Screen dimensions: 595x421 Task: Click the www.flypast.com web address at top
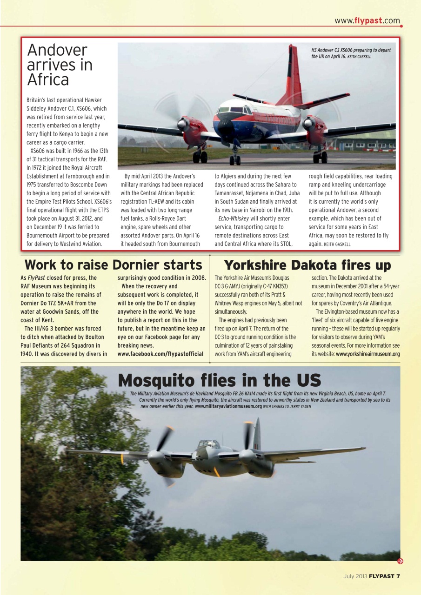(367, 20)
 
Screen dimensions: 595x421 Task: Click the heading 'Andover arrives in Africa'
(60, 65)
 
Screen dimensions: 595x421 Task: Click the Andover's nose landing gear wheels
(235, 160)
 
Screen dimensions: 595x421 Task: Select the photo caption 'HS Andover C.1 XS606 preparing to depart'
(351, 50)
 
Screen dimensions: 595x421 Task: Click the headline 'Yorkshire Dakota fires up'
(307, 265)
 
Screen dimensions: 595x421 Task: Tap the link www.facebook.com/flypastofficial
(160, 354)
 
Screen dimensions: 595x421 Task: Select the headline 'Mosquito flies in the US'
(219, 380)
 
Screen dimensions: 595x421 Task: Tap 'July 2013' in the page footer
(355, 576)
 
